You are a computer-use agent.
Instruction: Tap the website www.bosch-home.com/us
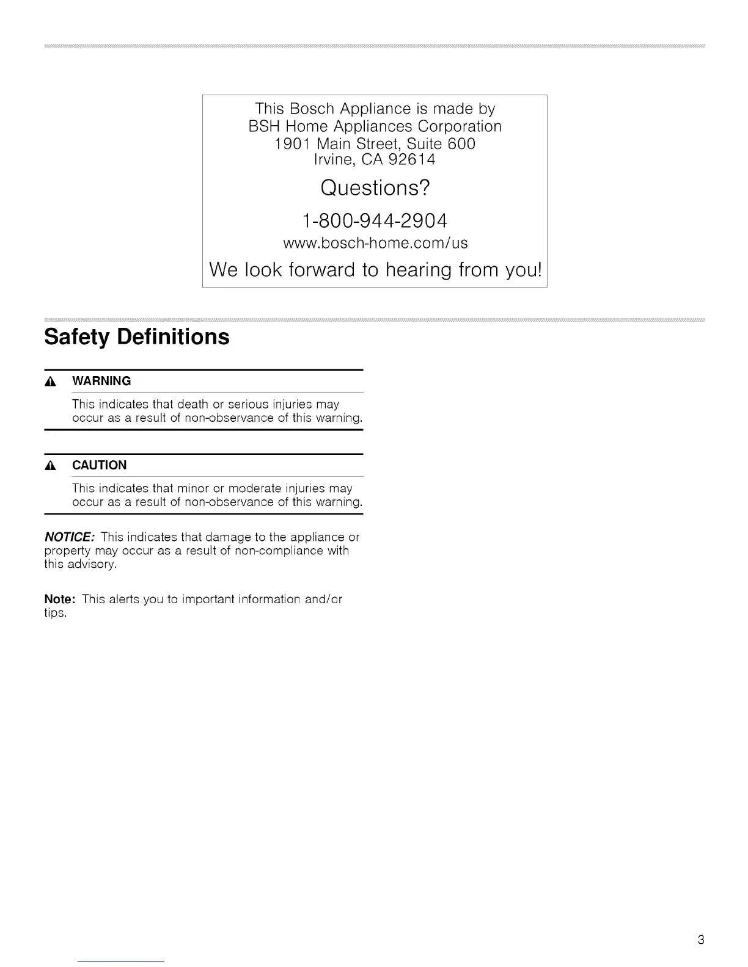(x=375, y=243)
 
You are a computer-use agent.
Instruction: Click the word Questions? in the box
(x=375, y=187)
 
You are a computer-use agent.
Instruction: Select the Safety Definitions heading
(x=137, y=337)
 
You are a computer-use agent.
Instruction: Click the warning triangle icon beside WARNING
(x=51, y=382)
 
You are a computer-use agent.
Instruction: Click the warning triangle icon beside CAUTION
(x=51, y=466)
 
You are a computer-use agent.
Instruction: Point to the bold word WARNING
(x=101, y=381)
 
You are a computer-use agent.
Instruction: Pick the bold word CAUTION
(x=99, y=465)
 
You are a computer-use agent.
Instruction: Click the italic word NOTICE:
(x=69, y=537)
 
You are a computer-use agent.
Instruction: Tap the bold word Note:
(x=59, y=599)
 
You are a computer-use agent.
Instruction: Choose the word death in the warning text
(x=193, y=404)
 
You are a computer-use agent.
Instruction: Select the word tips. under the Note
(x=55, y=613)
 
